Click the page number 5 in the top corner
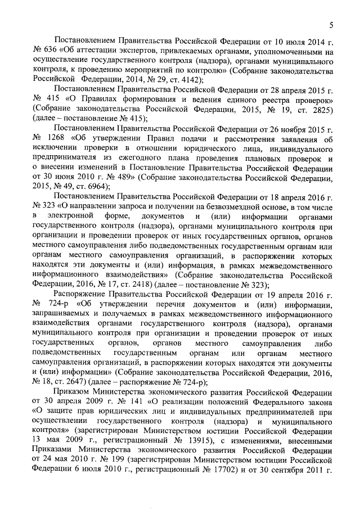[332, 25]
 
